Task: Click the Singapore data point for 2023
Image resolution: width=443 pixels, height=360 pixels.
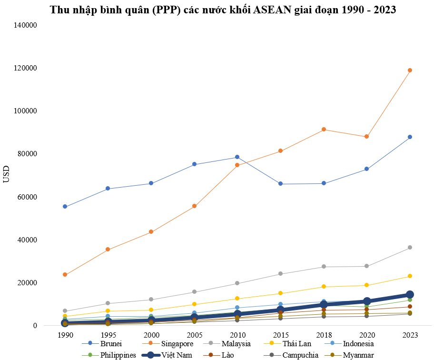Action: pos(410,70)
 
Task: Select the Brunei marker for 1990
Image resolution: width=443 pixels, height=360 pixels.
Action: pos(65,207)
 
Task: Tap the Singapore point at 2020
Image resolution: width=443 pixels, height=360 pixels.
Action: pos(366,137)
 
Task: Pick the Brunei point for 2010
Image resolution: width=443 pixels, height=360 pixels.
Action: pos(237,157)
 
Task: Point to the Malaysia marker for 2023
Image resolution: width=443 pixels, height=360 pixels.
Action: pos(410,248)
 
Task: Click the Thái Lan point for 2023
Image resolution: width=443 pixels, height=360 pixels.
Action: pos(410,276)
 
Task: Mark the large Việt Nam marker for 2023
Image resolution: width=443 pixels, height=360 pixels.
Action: pos(410,295)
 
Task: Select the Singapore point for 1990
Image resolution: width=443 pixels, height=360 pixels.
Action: pos(65,275)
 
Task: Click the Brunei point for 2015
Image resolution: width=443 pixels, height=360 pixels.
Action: pos(280,184)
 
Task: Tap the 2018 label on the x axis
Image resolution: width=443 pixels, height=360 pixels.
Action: pos(323,335)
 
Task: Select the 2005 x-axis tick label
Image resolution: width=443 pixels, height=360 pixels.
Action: pos(194,335)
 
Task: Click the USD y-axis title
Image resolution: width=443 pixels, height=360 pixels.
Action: pos(7,175)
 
